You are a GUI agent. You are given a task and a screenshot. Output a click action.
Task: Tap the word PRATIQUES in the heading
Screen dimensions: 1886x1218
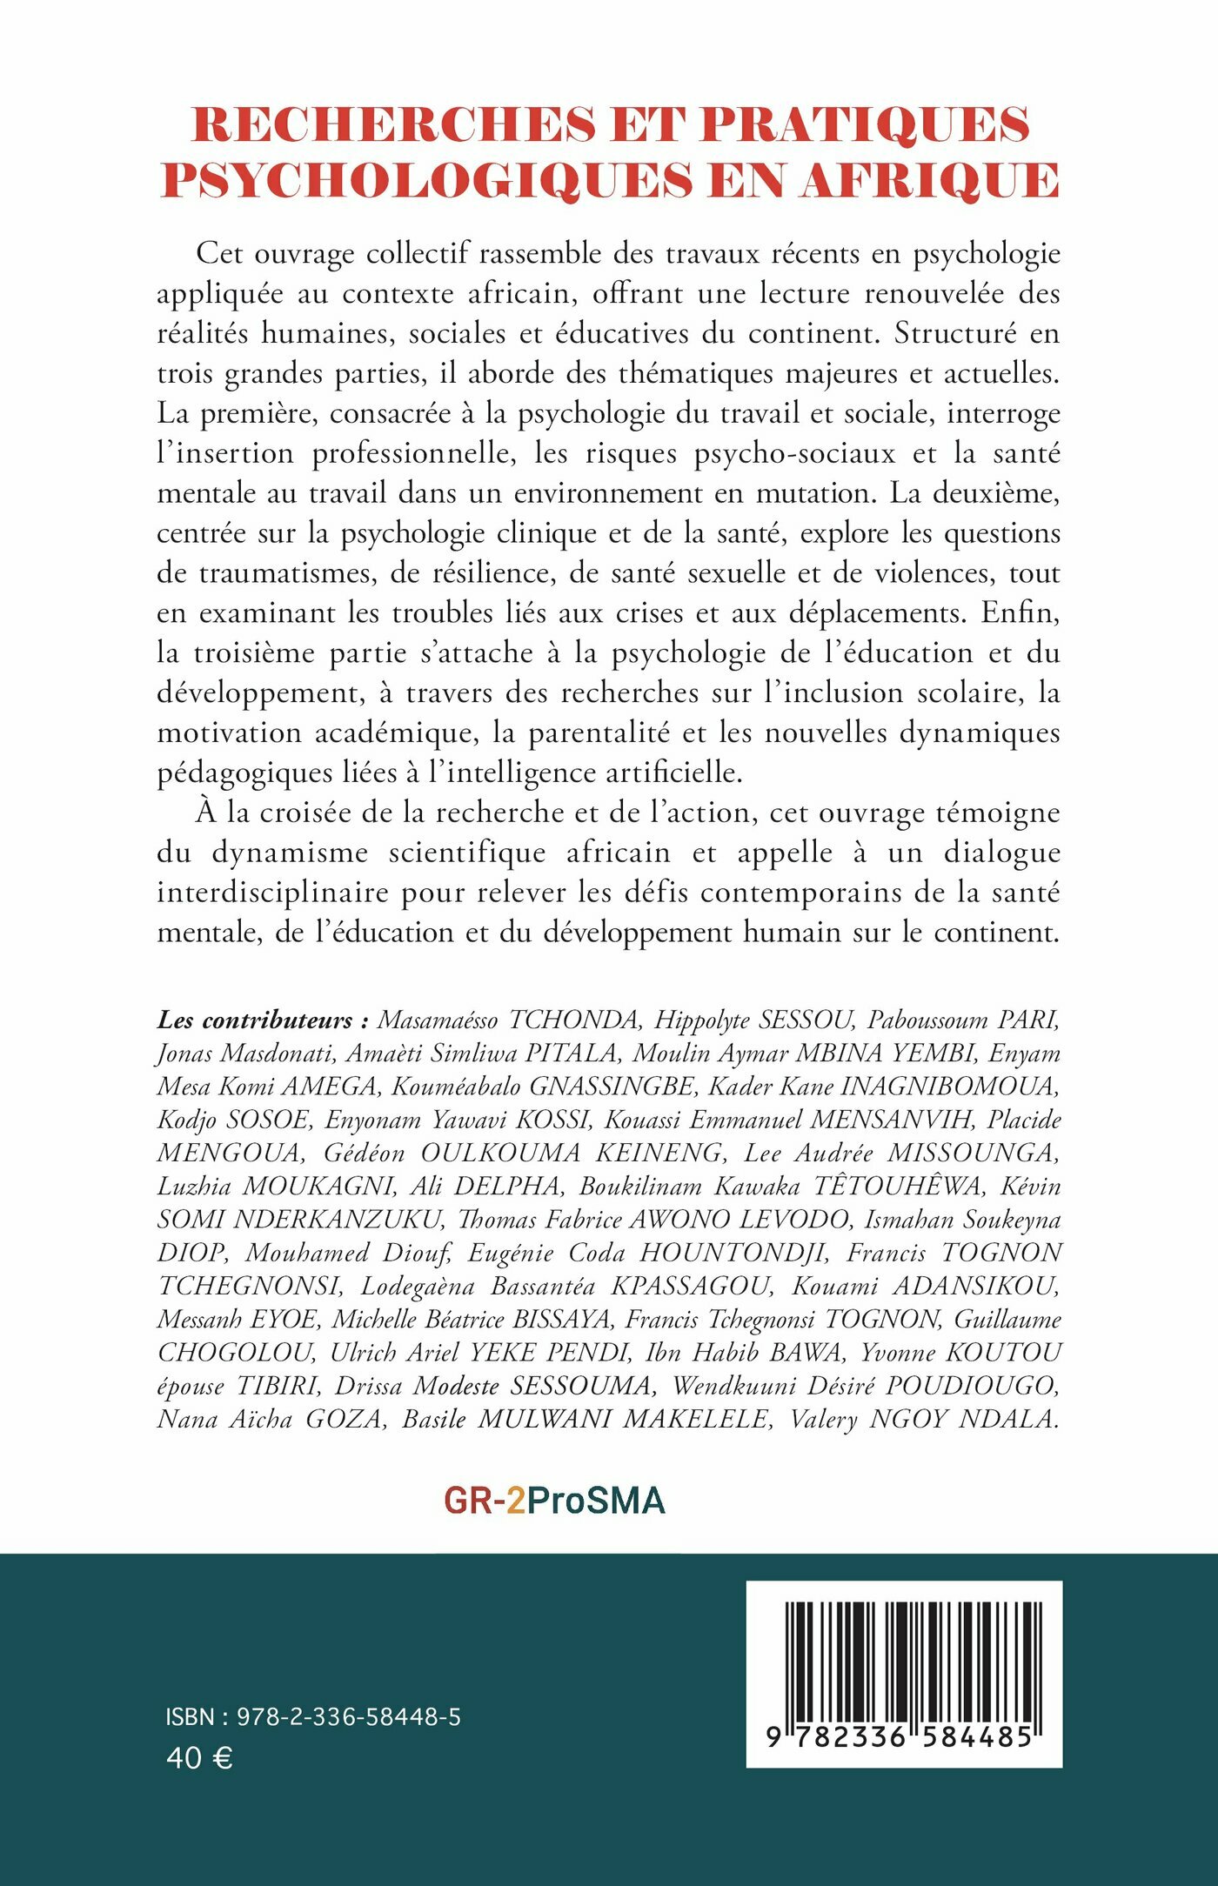tap(865, 124)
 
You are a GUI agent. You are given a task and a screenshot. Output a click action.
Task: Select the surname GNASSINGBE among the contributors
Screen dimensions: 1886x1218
tap(612, 1087)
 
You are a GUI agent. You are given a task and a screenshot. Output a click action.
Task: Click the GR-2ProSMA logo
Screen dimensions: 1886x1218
tap(554, 1501)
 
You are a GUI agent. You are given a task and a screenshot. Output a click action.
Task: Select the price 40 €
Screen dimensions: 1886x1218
tap(199, 1758)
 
